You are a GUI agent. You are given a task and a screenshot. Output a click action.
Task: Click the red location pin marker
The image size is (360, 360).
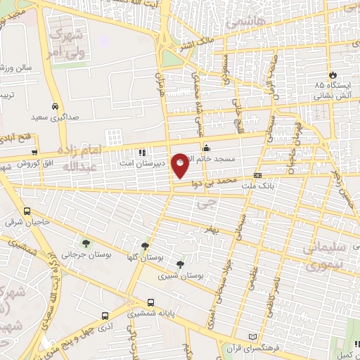(x=181, y=166)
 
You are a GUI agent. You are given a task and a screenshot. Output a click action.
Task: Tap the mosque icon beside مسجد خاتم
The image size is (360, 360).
(x=207, y=148)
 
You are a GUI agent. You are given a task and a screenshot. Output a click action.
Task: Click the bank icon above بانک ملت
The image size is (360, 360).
(x=258, y=174)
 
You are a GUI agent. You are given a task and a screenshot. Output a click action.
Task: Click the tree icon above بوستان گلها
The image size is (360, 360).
(x=145, y=246)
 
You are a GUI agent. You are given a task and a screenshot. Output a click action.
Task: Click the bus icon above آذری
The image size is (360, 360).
(x=104, y=317)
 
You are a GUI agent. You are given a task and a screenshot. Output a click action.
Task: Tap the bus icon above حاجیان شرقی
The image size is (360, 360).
(x=27, y=211)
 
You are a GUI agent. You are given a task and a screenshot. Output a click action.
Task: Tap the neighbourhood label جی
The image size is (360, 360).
(x=205, y=205)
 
